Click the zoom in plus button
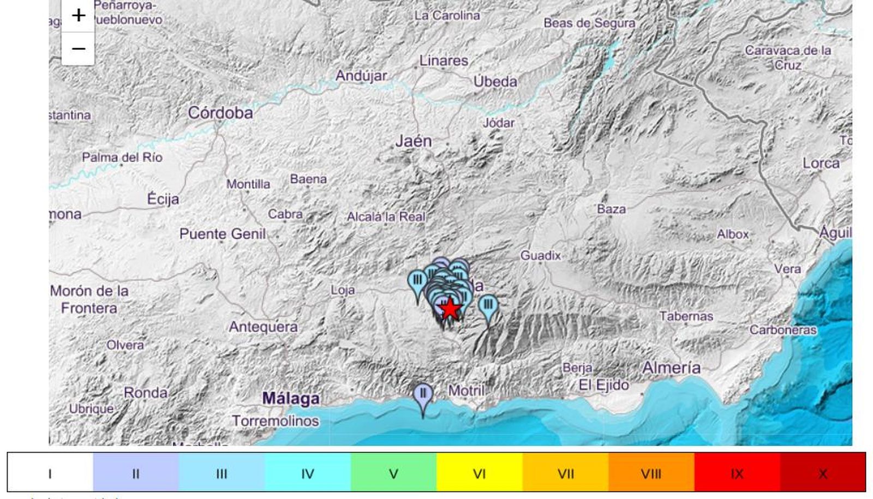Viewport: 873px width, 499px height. [78, 15]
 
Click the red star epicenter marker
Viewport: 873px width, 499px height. [450, 309]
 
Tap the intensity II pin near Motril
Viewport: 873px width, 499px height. [423, 394]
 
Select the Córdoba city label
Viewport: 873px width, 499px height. [220, 113]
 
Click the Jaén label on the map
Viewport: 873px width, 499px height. [414, 141]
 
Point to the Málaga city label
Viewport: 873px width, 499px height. [291, 399]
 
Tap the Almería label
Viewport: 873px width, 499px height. [671, 368]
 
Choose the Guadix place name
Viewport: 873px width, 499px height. [540, 255]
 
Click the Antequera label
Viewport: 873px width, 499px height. [263, 327]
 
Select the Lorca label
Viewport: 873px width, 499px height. [821, 163]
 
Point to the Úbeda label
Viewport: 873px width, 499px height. [495, 82]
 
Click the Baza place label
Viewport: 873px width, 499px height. [611, 209]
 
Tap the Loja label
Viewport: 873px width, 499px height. [343, 290]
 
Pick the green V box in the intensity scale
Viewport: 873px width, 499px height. [393, 473]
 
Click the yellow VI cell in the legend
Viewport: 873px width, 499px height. [479, 473]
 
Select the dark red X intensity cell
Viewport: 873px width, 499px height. [823, 473]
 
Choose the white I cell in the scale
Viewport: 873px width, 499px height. [50, 473]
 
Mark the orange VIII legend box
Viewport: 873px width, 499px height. [651, 473]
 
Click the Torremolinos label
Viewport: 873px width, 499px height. [275, 421]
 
